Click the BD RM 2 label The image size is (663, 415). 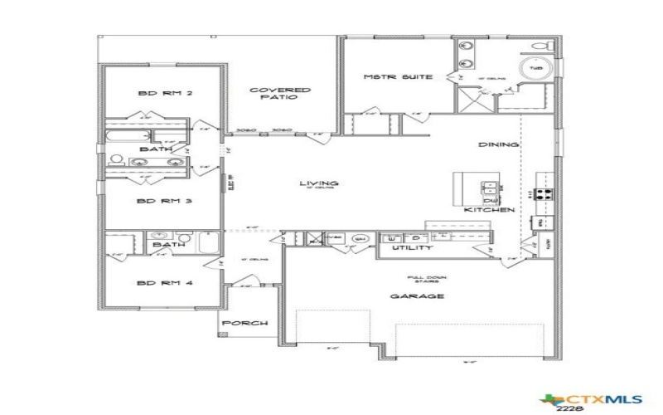tap(165, 94)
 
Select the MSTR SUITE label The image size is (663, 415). tap(398, 77)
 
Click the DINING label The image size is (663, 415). tap(498, 144)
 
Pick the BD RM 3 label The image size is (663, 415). tap(165, 201)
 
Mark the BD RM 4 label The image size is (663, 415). tap(165, 283)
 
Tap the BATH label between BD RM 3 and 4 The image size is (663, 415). tap(168, 245)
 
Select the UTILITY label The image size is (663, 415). tap(412, 247)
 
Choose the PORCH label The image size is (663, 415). tap(246, 324)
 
